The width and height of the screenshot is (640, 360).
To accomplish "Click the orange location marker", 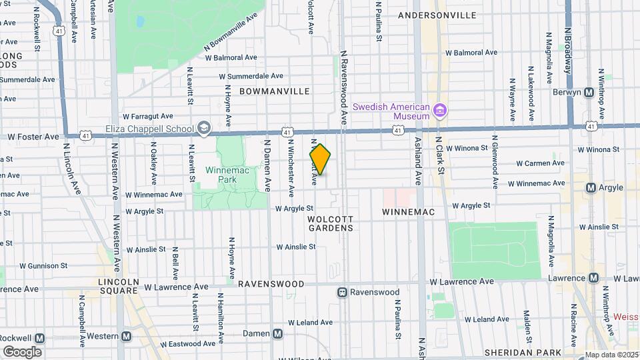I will [320, 160].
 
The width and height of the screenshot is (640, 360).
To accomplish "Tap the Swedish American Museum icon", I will [439, 109].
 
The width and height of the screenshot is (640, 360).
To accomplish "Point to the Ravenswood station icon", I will [343, 292].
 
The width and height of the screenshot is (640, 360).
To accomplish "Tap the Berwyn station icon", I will [589, 93].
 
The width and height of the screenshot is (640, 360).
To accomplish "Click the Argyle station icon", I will [591, 188].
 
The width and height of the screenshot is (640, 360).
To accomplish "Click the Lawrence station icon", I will [592, 278].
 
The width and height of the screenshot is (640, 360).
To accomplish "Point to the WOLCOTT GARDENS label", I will [330, 223].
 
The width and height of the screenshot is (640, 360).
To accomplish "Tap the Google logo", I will [22, 351].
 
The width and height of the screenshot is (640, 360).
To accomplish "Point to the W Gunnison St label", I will [43, 265].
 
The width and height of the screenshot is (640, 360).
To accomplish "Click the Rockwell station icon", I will [39, 337].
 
